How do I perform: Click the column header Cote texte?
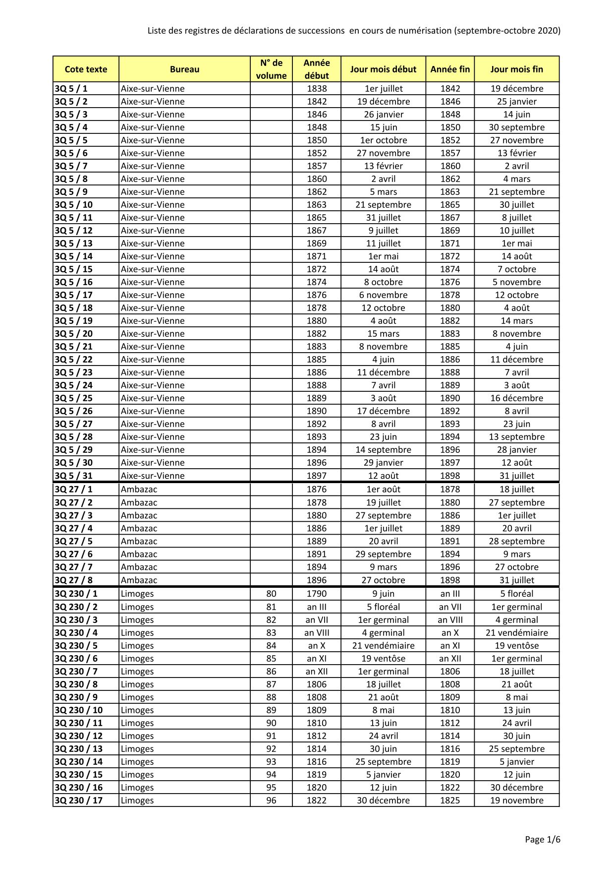(86, 69)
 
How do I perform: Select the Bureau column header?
(184, 69)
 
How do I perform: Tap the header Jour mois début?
(383, 69)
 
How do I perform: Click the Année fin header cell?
(450, 69)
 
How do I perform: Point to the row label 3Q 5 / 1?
(71, 89)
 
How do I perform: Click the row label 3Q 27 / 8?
(73, 580)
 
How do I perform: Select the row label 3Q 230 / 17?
(78, 800)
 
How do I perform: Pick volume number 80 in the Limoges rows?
(271, 594)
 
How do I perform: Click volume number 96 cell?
(271, 800)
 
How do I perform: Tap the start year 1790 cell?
(317, 594)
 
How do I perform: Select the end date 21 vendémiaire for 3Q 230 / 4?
(517, 632)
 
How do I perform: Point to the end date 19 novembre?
(517, 800)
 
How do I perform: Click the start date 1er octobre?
(383, 140)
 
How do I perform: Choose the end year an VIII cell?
(450, 620)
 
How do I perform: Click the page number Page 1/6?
(543, 840)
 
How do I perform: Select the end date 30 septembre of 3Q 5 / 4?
(517, 127)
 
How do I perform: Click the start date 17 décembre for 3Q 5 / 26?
(383, 411)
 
